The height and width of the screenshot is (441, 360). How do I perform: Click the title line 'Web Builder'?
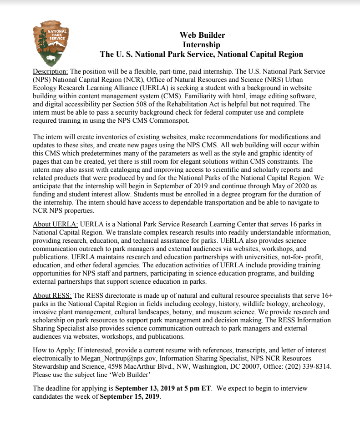[202, 35]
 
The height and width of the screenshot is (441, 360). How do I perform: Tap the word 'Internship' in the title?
[202, 45]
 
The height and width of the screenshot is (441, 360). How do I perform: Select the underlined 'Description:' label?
[51, 71]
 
